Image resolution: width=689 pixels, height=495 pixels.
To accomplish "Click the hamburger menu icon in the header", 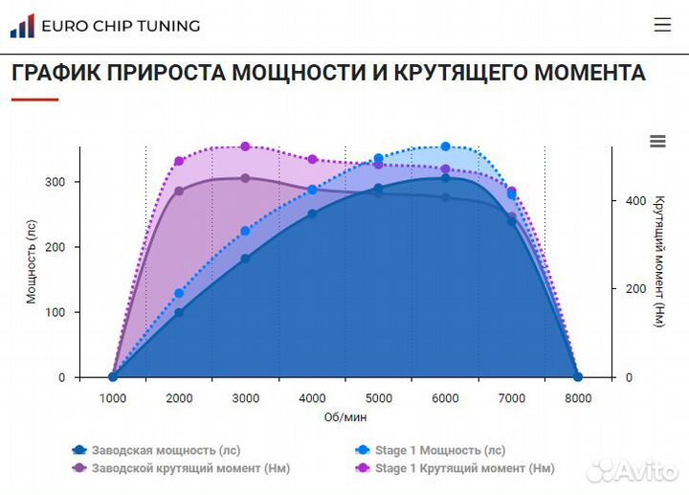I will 662,25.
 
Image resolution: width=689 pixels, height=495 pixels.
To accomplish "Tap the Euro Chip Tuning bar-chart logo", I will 22,26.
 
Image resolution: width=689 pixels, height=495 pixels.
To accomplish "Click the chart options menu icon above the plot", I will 657,142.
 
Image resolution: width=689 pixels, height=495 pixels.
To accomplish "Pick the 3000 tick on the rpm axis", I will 246,398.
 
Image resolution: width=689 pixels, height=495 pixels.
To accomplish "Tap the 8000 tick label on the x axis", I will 578,398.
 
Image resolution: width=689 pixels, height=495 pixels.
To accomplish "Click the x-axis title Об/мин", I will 345,417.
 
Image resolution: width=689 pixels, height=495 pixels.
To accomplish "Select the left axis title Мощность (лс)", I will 31,260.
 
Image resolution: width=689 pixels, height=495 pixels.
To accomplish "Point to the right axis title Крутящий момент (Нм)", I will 658,260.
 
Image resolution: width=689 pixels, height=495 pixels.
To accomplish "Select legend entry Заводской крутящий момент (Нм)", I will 181,468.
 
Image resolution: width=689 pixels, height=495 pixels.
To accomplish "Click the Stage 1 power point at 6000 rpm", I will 445,146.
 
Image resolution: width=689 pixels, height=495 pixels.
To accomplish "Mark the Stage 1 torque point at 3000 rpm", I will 246,146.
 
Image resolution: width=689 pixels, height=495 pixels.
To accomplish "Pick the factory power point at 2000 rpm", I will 179,312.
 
